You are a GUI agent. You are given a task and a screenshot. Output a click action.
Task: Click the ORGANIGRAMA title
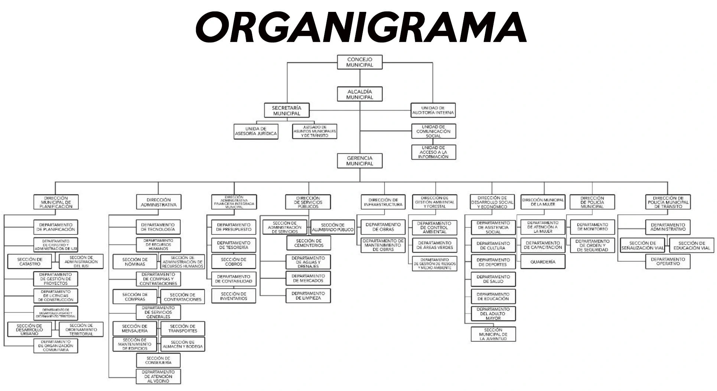[x=361, y=27]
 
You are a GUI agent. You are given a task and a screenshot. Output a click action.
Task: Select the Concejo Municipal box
[x=359, y=62]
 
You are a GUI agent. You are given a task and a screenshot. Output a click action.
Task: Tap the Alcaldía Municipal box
[x=359, y=94]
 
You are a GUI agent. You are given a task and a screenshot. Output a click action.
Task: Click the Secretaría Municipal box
[x=287, y=110]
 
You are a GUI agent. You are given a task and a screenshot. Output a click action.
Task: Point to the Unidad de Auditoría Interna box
[x=433, y=110]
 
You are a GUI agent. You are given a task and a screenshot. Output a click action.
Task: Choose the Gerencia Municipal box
[x=359, y=161]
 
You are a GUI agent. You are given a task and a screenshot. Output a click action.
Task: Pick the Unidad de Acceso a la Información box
[x=433, y=152]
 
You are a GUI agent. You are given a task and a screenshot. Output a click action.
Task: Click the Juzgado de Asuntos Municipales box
[x=314, y=131]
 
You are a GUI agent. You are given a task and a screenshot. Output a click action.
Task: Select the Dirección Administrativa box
[x=159, y=202]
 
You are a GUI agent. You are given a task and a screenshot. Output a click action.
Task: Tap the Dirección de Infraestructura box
[x=383, y=202]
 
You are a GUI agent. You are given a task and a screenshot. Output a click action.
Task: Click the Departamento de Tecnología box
[x=159, y=227]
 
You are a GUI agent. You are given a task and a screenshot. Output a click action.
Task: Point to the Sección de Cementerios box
[x=308, y=243]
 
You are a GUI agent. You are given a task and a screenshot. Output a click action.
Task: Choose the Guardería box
[x=543, y=262]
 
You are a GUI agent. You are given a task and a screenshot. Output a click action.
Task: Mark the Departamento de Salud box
[x=493, y=279]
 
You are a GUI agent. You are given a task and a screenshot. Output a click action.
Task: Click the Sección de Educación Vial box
[x=691, y=246]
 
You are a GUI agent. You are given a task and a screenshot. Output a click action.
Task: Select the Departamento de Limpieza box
[x=308, y=296]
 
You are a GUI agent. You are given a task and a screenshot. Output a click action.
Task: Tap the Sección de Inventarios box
[x=234, y=296]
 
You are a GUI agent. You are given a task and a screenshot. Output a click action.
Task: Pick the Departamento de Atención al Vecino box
[x=159, y=376]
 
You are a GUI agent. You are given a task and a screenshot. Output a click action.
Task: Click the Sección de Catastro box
[x=29, y=262]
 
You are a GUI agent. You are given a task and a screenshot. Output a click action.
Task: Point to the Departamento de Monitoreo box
[x=592, y=227]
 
